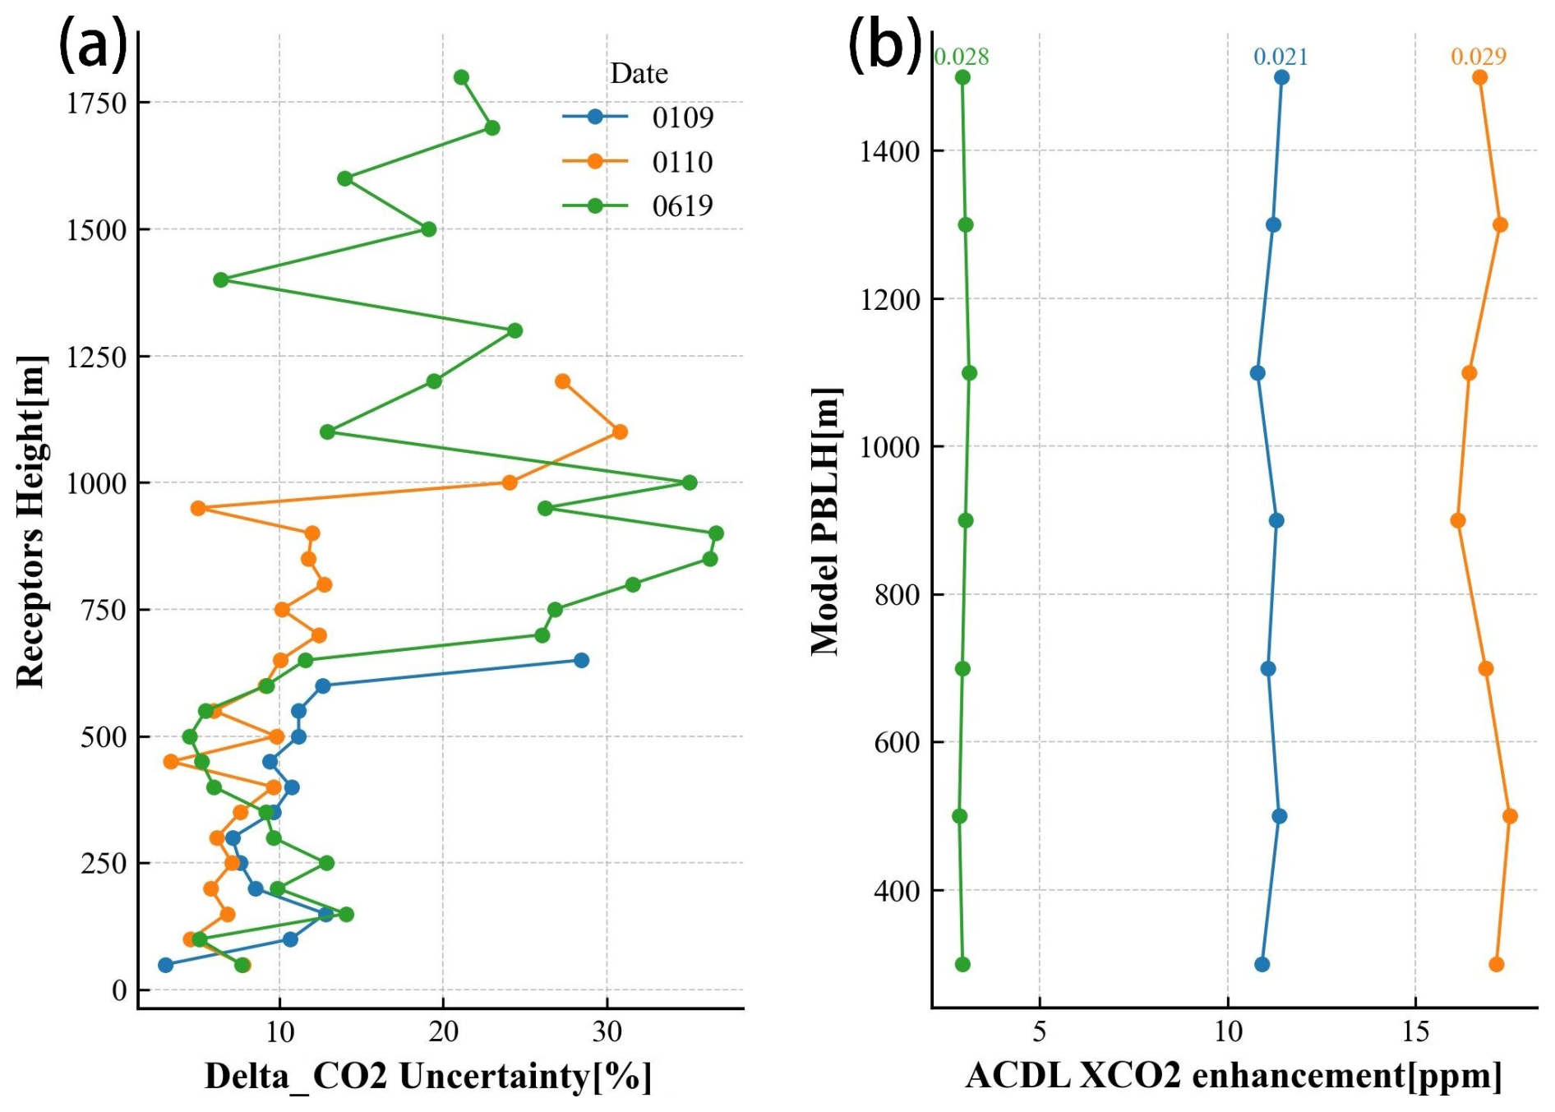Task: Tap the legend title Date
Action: tap(639, 74)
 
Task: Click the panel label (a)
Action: tap(94, 46)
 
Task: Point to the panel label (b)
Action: tap(884, 46)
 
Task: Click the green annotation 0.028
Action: tap(962, 57)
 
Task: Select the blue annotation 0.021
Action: tap(1280, 57)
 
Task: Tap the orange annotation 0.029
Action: tap(1479, 57)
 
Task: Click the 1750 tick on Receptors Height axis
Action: tap(97, 104)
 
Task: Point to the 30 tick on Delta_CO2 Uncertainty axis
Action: tap(607, 1031)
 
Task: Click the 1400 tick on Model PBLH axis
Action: tap(890, 151)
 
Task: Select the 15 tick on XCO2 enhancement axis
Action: tap(1415, 1031)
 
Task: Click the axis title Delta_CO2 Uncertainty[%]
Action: tap(428, 1076)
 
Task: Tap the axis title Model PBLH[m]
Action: tap(826, 520)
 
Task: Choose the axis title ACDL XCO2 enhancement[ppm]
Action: tap(1234, 1076)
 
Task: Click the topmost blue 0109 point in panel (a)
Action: tap(581, 660)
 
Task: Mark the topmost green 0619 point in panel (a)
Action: tap(461, 77)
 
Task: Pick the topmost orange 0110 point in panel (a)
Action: tap(562, 381)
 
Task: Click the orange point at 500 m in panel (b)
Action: tap(1510, 816)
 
